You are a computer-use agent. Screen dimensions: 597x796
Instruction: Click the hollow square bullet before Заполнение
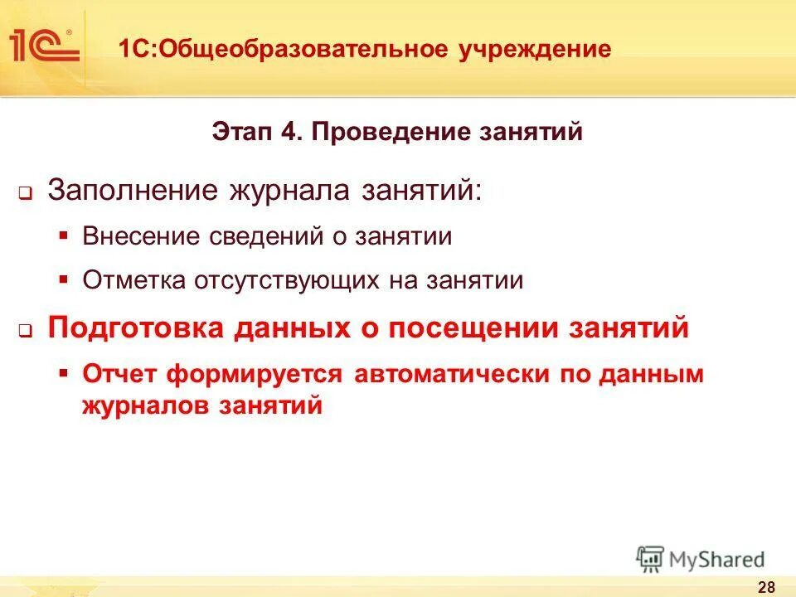coord(25,193)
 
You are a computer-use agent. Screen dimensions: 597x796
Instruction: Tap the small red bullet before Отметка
coord(63,279)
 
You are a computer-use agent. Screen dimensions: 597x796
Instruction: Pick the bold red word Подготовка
coord(136,328)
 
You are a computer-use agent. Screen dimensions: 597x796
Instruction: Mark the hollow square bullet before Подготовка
coord(25,332)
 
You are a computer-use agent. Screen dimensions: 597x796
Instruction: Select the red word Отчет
coord(120,373)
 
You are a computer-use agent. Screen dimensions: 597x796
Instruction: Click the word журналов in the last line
coord(146,405)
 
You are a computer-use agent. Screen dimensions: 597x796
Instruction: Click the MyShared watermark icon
coord(651,559)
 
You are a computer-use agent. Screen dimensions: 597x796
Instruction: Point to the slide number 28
coord(766,587)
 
